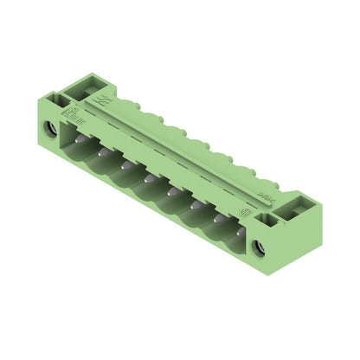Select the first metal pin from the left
tap(80, 139)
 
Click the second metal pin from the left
tap(103, 152)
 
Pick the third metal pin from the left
tap(126, 165)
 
